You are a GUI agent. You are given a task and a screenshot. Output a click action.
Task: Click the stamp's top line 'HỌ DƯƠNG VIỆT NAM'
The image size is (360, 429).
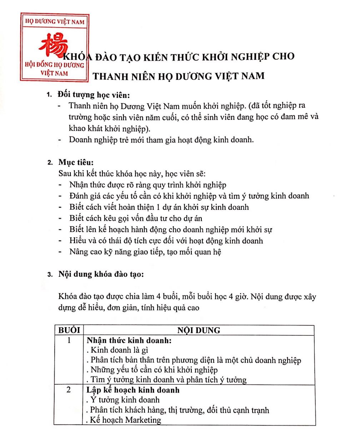coord(54,22)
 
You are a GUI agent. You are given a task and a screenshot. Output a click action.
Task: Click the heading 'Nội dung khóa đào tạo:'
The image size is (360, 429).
coord(101,275)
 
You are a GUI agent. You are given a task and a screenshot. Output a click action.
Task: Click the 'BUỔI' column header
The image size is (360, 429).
coord(69,330)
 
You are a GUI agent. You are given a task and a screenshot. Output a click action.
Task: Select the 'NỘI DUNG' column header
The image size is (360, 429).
coord(199,330)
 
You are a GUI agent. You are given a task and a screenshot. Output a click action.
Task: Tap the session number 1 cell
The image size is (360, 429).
coord(69,340)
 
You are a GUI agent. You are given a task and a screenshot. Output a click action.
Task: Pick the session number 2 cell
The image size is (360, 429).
coord(69,390)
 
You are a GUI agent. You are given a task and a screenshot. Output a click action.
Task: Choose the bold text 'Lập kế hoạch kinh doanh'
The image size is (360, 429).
coord(133,390)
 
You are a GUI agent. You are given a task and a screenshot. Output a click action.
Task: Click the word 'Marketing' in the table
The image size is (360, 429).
coord(142,420)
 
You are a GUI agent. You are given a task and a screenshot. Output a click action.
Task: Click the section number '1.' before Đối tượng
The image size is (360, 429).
coord(50,95)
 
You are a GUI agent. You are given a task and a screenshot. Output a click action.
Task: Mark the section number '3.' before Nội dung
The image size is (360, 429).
coord(50,275)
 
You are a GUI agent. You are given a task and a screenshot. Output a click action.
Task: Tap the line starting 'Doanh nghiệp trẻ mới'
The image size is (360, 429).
coord(161,139)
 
